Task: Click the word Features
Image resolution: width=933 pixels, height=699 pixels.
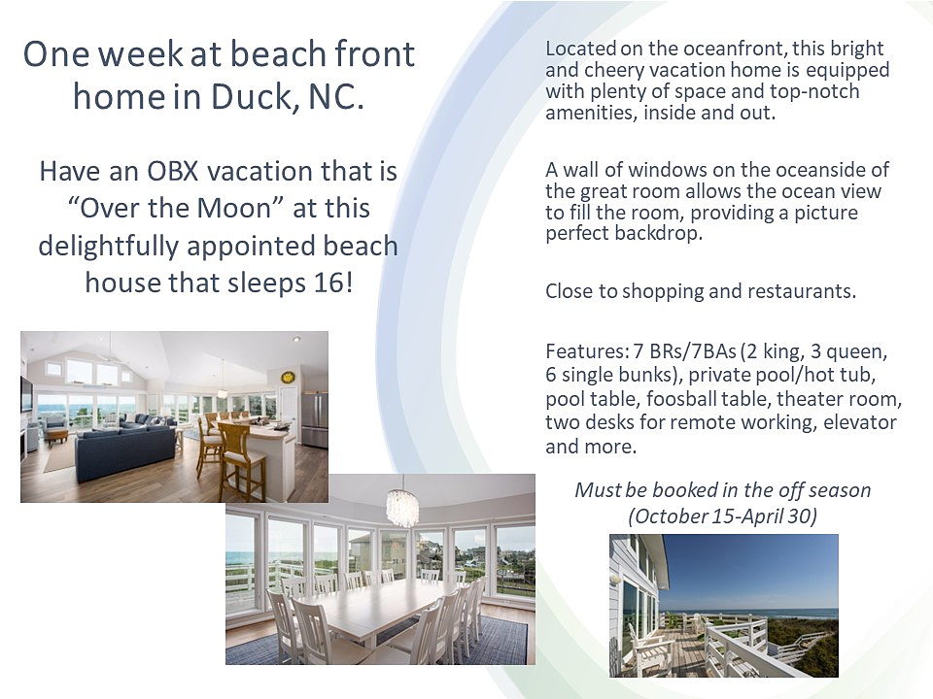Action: [587, 351]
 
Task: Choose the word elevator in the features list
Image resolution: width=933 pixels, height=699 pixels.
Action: [860, 422]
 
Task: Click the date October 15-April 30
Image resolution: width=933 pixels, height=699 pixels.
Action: [723, 516]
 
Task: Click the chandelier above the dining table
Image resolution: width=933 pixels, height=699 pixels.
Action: [401, 507]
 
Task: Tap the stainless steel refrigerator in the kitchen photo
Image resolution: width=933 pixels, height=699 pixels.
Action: [314, 419]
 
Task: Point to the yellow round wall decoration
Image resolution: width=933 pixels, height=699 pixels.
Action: [288, 378]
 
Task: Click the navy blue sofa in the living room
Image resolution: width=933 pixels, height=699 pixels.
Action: [125, 451]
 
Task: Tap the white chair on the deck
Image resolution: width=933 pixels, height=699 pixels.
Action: [646, 652]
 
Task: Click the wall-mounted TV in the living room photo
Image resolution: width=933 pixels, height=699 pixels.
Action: [26, 393]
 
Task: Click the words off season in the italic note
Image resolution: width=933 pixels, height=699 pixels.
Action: [825, 490]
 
